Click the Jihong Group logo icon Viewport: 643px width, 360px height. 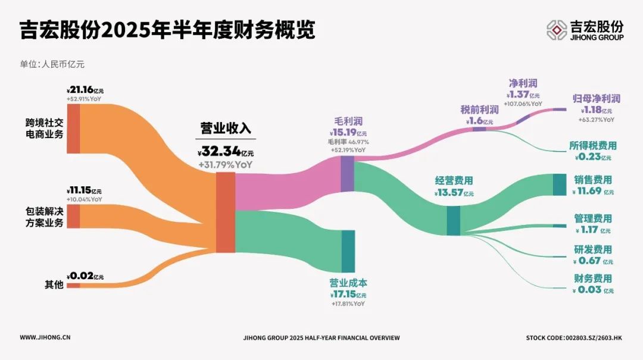pos(557,30)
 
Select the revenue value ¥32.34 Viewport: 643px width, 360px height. pos(226,152)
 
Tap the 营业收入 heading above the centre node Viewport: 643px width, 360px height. pos(226,129)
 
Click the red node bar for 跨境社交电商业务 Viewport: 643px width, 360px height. pos(73,129)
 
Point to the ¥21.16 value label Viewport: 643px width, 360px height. pos(85,90)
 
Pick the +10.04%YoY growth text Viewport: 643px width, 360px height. pos(85,199)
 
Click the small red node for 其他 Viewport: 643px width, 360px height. pos(73,286)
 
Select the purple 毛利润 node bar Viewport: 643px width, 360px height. pos(347,174)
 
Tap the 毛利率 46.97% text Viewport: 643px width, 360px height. pos(348,142)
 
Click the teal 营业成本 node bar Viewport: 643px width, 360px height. pos(348,251)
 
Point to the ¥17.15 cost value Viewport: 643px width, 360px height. pos(348,295)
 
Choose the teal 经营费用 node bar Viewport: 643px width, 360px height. pos(453,221)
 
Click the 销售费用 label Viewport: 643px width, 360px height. pos(593,180)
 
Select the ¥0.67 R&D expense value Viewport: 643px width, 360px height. pos(593,261)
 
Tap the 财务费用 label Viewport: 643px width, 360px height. pos(593,278)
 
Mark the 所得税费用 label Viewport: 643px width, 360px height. pos(593,146)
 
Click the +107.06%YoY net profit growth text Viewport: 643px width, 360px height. pos(523,104)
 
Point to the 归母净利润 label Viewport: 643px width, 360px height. pos(597,99)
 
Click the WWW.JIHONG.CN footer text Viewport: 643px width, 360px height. pos(45,337)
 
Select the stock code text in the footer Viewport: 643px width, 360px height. pos(574,338)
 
